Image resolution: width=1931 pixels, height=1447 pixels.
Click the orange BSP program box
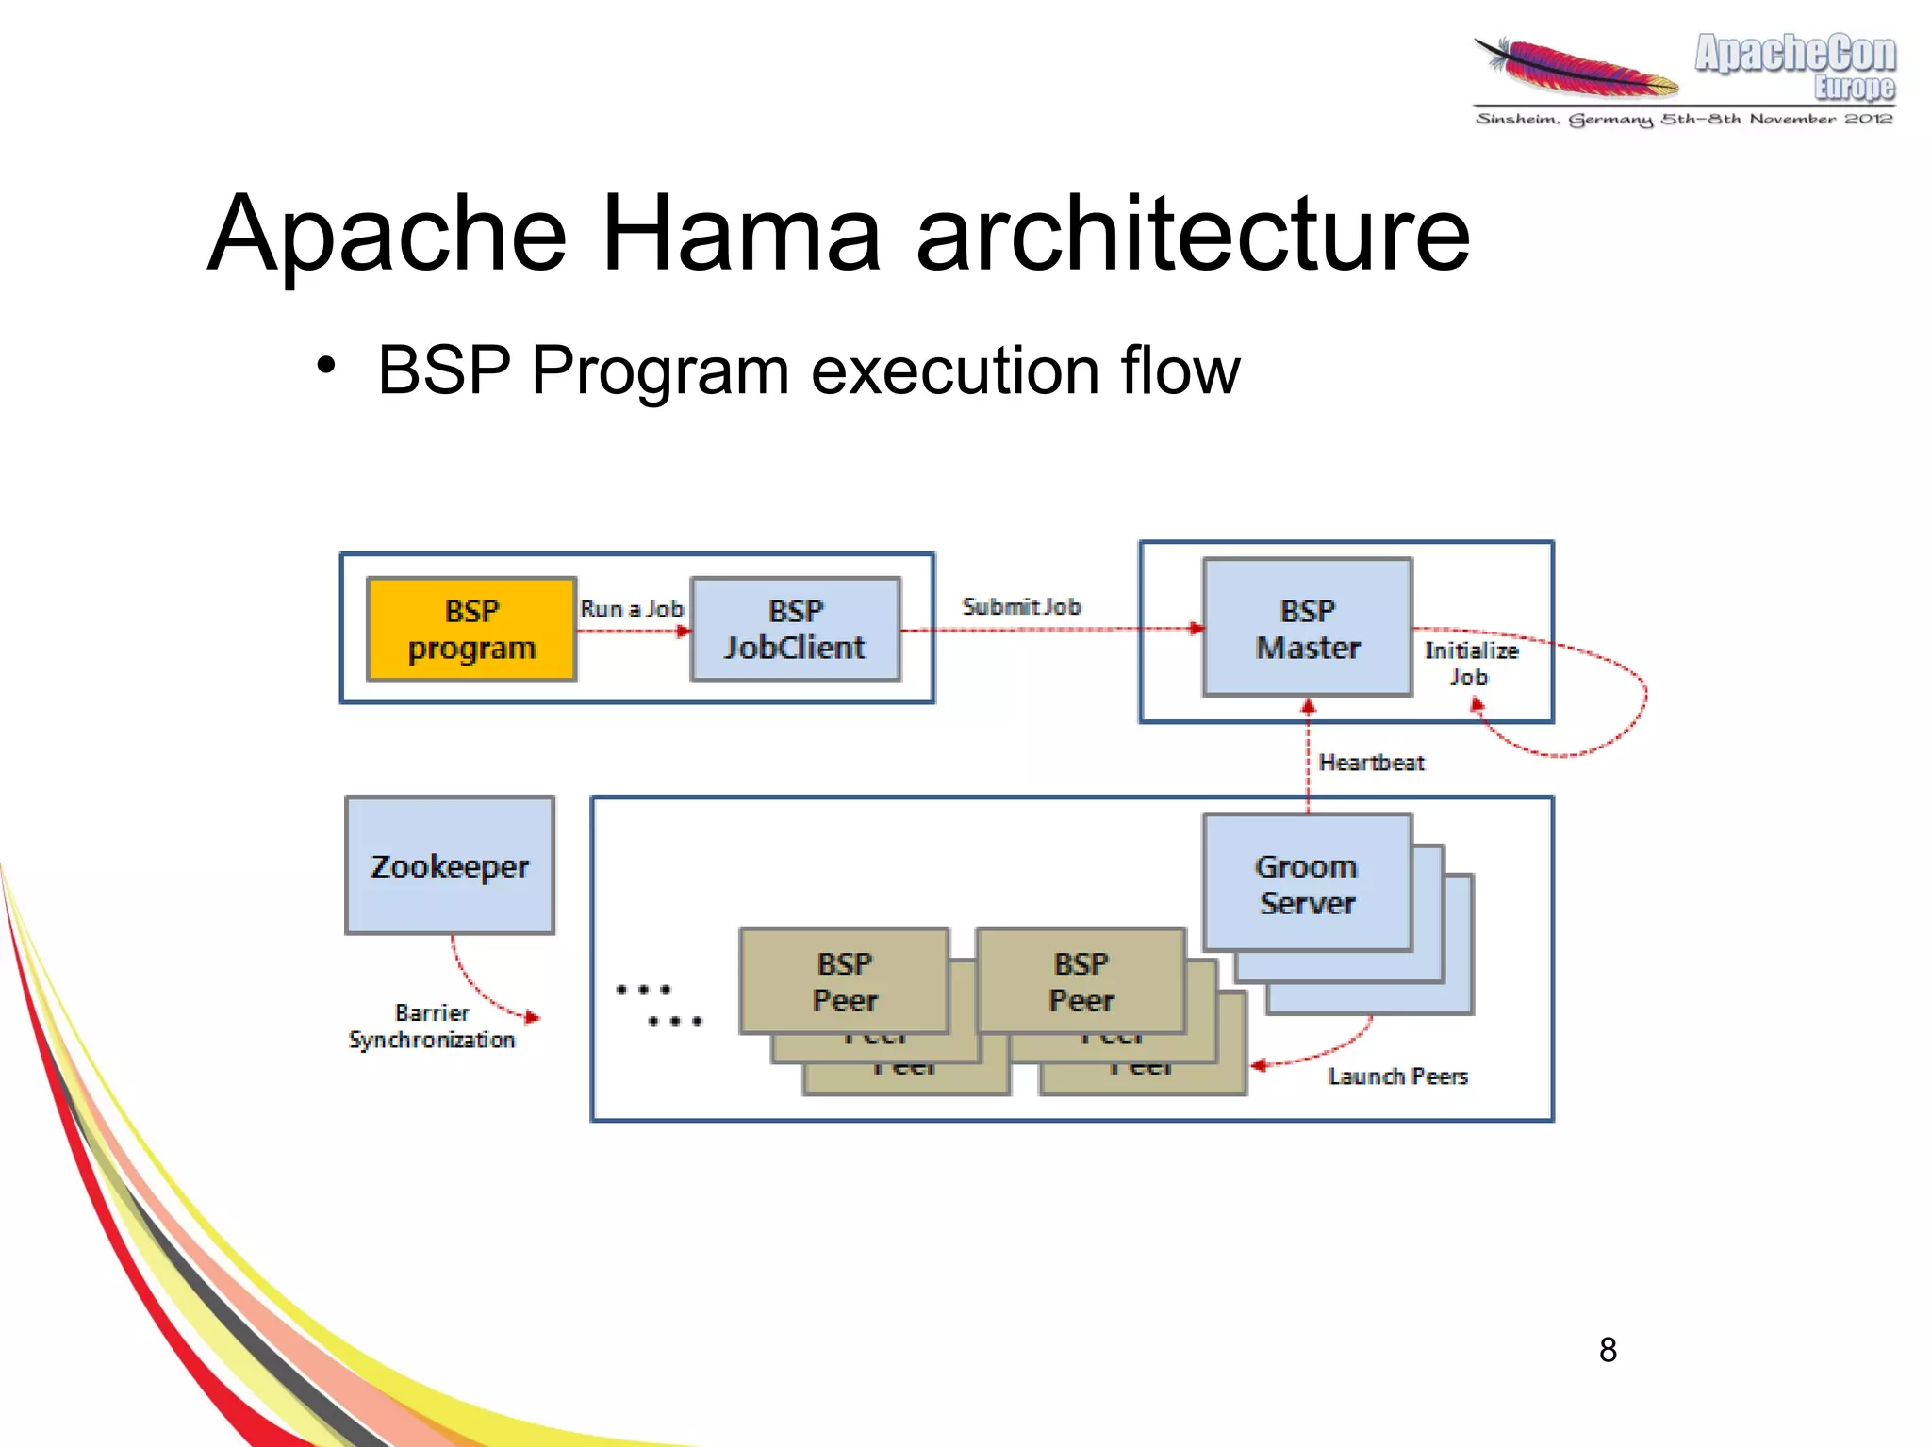click(470, 629)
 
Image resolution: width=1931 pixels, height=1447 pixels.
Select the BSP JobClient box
click(795, 629)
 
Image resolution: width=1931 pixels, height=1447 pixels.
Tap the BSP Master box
click(1307, 628)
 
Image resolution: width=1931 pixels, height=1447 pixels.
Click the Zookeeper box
click(450, 865)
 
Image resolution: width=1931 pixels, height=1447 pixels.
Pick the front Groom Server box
click(1307, 883)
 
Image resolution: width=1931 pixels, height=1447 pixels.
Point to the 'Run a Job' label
click(631, 609)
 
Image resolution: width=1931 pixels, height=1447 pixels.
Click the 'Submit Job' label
click(1020, 606)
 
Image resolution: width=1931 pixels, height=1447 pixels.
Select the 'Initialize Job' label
click(1470, 663)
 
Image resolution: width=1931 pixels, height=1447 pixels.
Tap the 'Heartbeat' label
click(1370, 762)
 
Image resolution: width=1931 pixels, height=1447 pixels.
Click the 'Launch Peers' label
click(1397, 1076)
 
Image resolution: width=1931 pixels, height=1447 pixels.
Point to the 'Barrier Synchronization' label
click(432, 1026)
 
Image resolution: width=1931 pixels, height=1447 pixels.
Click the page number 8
click(1608, 1350)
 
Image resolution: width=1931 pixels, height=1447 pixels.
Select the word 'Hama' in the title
click(740, 233)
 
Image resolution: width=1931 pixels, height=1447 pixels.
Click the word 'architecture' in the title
click(1192, 233)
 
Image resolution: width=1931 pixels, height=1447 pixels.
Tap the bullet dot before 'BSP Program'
click(326, 366)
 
